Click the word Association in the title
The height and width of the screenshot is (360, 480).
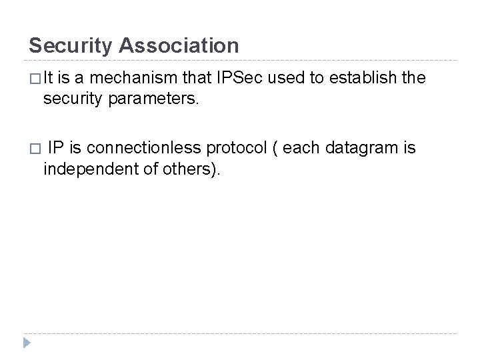[180, 45]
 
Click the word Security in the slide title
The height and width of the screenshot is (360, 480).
[71, 45]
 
